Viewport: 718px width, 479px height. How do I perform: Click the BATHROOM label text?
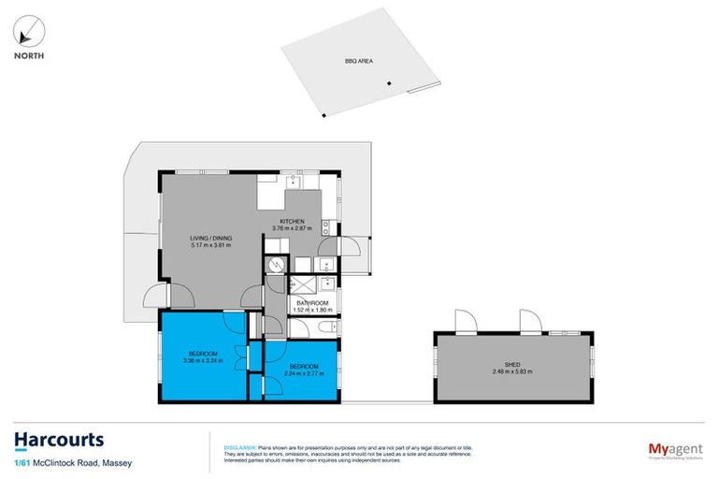pos(312,303)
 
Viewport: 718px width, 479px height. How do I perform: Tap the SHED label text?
pos(511,366)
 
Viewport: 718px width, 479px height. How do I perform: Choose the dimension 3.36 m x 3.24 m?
pos(203,360)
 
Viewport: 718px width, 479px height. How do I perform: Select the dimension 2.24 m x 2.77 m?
pos(304,372)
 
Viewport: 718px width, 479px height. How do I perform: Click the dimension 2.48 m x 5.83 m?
pos(511,372)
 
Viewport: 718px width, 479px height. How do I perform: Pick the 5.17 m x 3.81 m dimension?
pos(211,245)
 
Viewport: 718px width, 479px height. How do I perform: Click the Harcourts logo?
pos(58,439)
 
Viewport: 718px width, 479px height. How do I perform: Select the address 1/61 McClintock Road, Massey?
pos(62,461)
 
